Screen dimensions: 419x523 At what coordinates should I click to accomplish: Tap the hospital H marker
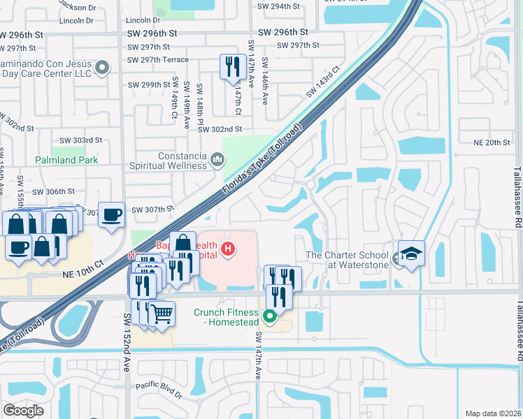pos(227,248)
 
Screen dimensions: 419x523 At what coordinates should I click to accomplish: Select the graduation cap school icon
pos(411,253)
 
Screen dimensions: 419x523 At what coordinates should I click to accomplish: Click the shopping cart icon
pos(162,314)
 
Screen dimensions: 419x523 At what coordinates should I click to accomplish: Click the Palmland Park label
pos(67,160)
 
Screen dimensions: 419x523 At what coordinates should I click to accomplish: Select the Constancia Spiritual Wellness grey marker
pos(217,161)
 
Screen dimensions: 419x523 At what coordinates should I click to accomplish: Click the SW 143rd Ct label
pos(322,82)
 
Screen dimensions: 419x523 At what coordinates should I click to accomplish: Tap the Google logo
pos(23,410)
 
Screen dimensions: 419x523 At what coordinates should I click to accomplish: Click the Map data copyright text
pos(493,413)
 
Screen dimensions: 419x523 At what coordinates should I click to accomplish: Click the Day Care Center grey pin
pos(103,68)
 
